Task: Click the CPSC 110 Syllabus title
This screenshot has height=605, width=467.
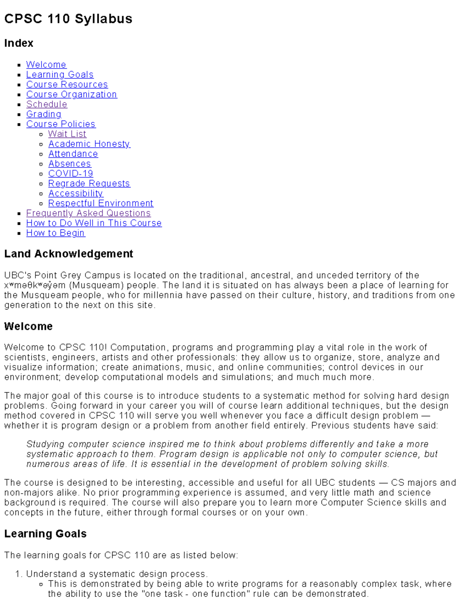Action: click(x=68, y=19)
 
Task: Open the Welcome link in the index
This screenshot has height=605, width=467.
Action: click(x=46, y=65)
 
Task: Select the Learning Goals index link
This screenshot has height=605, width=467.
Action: click(x=60, y=74)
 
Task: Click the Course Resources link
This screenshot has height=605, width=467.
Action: click(x=67, y=85)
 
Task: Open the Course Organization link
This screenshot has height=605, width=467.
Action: click(x=72, y=94)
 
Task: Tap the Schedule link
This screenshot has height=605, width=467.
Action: click(x=47, y=104)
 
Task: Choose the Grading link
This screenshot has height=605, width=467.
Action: click(x=44, y=114)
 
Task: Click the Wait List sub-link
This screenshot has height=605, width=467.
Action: click(x=67, y=134)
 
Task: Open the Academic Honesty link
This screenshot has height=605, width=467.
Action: click(x=89, y=144)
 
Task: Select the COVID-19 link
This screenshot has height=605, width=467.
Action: click(x=70, y=173)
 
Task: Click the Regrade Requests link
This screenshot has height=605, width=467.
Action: click(x=89, y=183)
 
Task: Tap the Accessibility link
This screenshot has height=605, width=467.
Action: click(x=75, y=193)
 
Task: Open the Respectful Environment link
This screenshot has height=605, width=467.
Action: click(x=101, y=203)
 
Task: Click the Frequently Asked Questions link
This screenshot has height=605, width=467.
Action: click(x=88, y=213)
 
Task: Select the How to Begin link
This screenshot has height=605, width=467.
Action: click(x=55, y=233)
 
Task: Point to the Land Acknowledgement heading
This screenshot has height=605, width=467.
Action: click(x=68, y=254)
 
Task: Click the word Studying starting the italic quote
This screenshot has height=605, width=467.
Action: click(x=45, y=444)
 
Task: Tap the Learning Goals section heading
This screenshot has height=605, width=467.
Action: click(x=45, y=534)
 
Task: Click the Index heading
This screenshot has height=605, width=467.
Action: click(x=19, y=43)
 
